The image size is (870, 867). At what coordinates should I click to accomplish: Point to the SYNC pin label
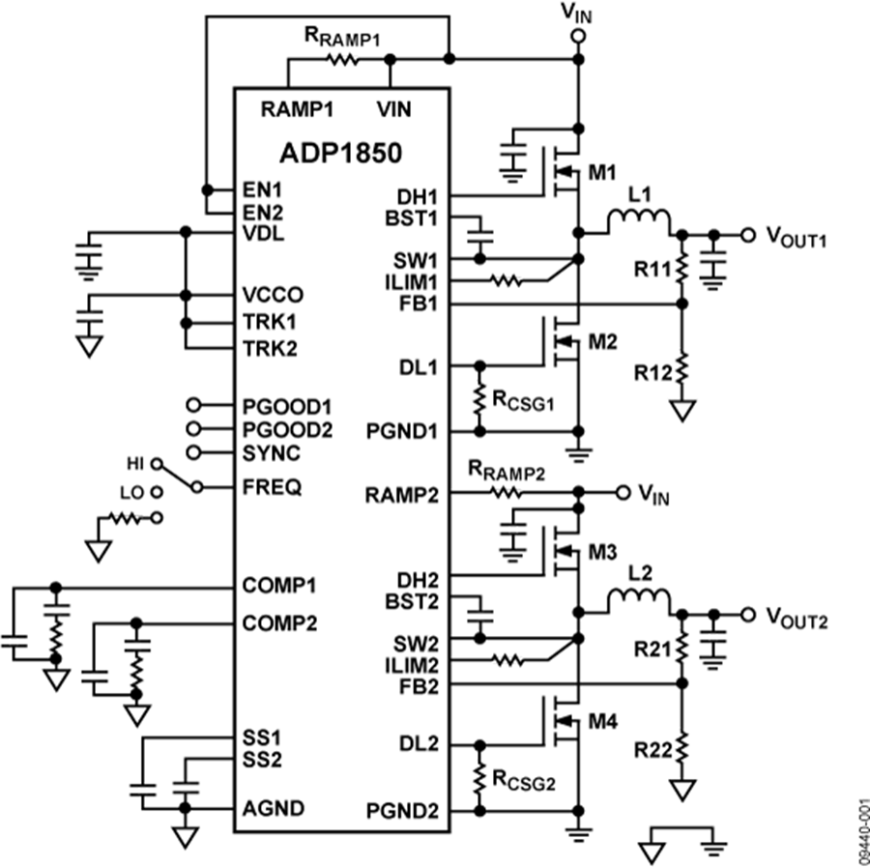(x=273, y=452)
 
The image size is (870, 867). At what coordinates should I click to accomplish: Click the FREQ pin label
(x=273, y=487)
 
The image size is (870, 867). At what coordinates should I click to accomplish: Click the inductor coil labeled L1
(x=639, y=223)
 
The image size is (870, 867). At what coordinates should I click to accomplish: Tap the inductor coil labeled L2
(x=639, y=603)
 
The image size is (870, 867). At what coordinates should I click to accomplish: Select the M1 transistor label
(x=602, y=173)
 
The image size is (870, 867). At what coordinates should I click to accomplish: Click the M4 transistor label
(x=602, y=722)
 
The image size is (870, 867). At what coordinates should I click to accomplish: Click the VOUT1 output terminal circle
(x=747, y=235)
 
